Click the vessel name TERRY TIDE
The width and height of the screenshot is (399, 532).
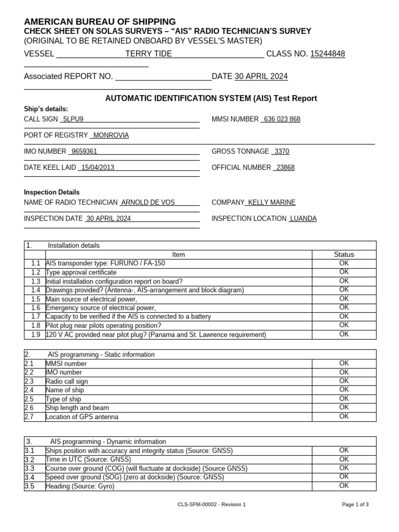pos(149,54)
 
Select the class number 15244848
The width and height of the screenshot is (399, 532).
pos(327,54)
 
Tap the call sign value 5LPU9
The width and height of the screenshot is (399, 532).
pos(73,119)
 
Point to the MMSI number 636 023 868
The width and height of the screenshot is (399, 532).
pos(282,119)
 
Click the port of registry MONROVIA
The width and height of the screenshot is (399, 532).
pos(111,135)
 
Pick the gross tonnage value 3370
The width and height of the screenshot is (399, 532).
pos(282,151)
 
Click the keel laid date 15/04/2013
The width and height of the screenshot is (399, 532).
pos(97,167)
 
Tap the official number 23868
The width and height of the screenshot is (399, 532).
pos(285,167)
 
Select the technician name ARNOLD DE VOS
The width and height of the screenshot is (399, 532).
pos(148,202)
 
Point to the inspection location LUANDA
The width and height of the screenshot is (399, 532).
pos(303,218)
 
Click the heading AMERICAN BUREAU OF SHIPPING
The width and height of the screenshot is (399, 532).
pos(100,21)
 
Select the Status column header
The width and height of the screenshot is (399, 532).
pos(344,254)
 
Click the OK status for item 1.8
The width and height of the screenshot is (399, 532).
pos(344,325)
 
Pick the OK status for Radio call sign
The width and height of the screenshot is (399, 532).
pos(344,381)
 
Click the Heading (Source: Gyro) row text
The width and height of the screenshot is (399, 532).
pos(80,486)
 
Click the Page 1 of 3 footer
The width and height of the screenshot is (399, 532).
pos(355,504)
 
